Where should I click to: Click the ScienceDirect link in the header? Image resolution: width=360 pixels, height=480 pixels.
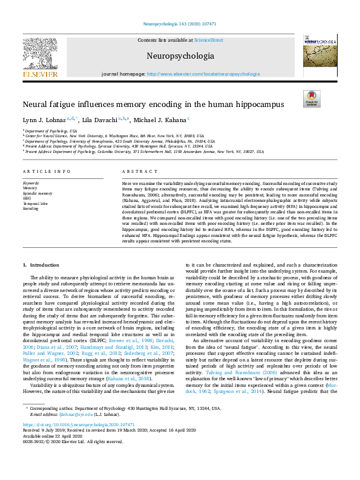coord(208,39)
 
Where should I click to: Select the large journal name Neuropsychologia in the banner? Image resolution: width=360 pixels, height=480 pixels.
coord(180,56)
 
